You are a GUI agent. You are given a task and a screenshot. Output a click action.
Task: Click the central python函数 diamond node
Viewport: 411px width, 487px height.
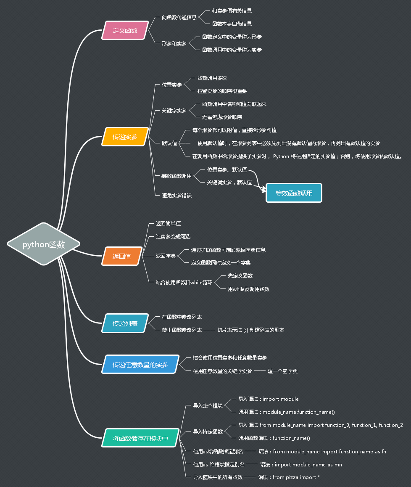coord(44,244)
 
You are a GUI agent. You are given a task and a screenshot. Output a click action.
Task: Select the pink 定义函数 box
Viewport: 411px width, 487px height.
coord(125,30)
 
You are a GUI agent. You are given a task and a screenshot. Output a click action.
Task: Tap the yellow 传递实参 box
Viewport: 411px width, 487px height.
coord(125,137)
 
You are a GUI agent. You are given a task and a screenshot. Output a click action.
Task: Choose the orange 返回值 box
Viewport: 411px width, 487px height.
coord(121,256)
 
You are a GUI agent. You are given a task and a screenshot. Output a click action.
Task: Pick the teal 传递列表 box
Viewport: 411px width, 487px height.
coord(125,323)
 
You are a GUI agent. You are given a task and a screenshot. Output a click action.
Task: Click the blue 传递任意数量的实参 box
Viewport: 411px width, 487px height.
coord(140,364)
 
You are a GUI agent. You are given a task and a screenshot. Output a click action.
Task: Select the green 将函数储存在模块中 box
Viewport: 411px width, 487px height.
coord(140,438)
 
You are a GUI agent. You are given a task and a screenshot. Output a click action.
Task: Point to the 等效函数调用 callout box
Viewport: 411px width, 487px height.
coord(294,193)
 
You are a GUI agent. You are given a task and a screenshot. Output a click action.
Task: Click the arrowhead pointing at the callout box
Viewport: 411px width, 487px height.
coord(264,190)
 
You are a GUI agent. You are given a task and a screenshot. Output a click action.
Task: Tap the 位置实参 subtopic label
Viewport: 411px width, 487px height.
coord(172,85)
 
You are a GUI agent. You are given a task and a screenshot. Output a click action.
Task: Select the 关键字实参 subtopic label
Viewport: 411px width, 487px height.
coord(174,111)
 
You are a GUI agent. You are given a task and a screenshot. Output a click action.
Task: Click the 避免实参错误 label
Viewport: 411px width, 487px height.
coord(177,195)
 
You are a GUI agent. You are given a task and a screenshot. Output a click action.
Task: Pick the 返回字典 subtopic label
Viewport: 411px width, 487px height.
coord(166,256)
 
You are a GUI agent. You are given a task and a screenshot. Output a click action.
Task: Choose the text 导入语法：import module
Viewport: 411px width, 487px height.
coord(268,399)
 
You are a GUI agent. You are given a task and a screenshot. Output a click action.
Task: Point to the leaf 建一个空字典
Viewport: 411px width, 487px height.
coord(282,371)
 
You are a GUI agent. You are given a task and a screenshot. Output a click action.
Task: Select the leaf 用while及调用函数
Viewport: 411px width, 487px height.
coord(248,289)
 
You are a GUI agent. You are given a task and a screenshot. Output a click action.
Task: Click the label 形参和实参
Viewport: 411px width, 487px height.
coord(174,43)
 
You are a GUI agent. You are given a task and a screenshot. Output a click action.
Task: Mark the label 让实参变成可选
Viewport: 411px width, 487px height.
coord(173,237)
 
